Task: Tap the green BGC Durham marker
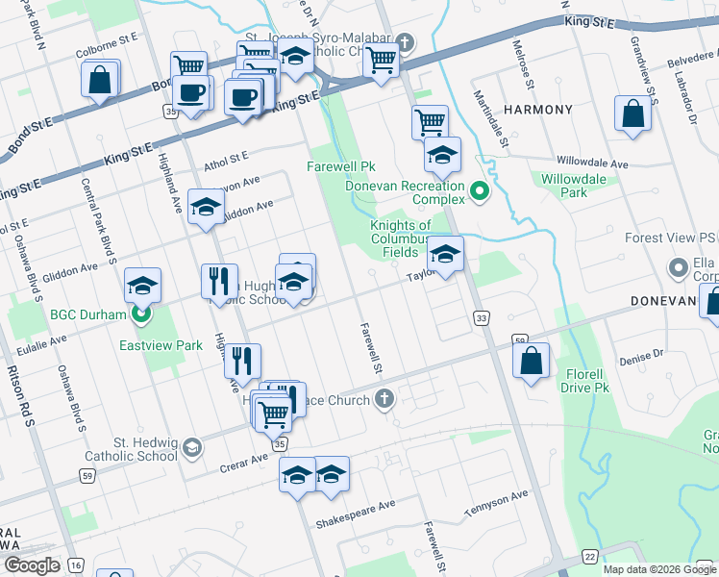tap(142, 314)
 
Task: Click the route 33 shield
tap(482, 317)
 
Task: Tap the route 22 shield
tap(589, 557)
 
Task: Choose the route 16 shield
tap(76, 564)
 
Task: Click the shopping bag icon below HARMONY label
tap(632, 114)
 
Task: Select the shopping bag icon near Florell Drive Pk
tap(531, 362)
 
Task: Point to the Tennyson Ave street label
tap(496, 501)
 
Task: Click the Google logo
tap(33, 564)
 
